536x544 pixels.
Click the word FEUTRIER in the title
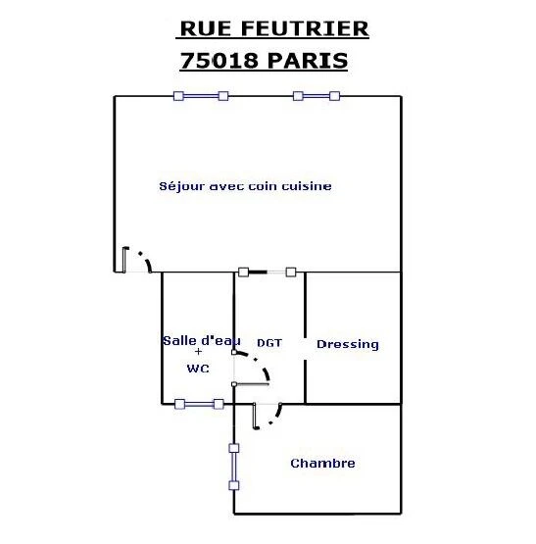tap(305, 28)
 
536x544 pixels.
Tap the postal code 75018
tap(219, 61)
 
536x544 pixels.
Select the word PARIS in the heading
tap(308, 61)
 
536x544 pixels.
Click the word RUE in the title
tap(206, 28)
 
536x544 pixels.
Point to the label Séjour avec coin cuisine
tap(245, 186)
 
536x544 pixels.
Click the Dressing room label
tap(348, 344)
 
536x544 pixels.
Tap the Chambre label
tap(322, 464)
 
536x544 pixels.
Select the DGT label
tap(269, 343)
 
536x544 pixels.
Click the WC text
tap(198, 369)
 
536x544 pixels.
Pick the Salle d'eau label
tap(202, 341)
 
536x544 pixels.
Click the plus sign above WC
tap(198, 352)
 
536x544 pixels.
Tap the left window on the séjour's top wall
tap(201, 96)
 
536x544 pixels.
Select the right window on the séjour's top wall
tap(317, 96)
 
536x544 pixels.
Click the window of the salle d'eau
tap(199, 404)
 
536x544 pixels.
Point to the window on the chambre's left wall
tap(234, 467)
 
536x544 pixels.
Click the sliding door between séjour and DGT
tap(268, 272)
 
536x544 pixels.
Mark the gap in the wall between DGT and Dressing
tap(306, 349)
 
